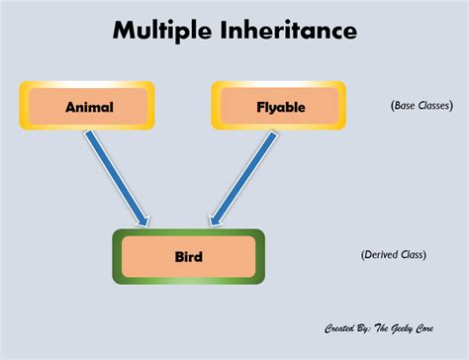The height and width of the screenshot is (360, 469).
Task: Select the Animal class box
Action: (88, 106)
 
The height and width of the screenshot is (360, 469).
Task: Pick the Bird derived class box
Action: (189, 256)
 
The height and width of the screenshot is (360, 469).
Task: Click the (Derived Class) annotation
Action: (393, 254)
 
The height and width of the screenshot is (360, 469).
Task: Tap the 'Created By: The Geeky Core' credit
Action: (385, 327)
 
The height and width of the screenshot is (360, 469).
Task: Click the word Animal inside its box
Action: (88, 106)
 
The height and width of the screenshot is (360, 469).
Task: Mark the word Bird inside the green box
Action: (189, 257)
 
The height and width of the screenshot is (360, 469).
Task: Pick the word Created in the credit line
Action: (339, 327)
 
